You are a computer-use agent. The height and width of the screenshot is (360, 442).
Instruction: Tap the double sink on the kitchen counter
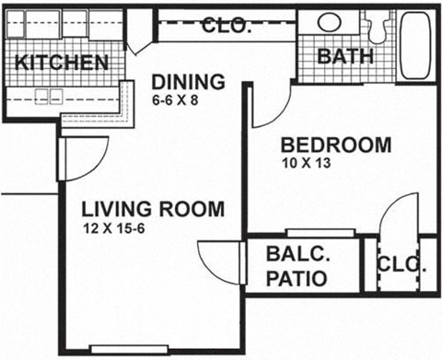[44, 94]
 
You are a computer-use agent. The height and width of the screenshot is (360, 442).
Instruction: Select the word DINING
[188, 80]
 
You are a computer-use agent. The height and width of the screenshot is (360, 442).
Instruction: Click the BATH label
[345, 55]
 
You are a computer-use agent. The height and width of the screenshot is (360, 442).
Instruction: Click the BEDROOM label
[336, 145]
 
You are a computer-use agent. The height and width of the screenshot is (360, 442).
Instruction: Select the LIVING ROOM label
[152, 209]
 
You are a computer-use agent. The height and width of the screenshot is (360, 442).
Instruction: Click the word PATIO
[297, 277]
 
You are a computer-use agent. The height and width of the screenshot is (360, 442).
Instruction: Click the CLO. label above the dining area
[226, 25]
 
